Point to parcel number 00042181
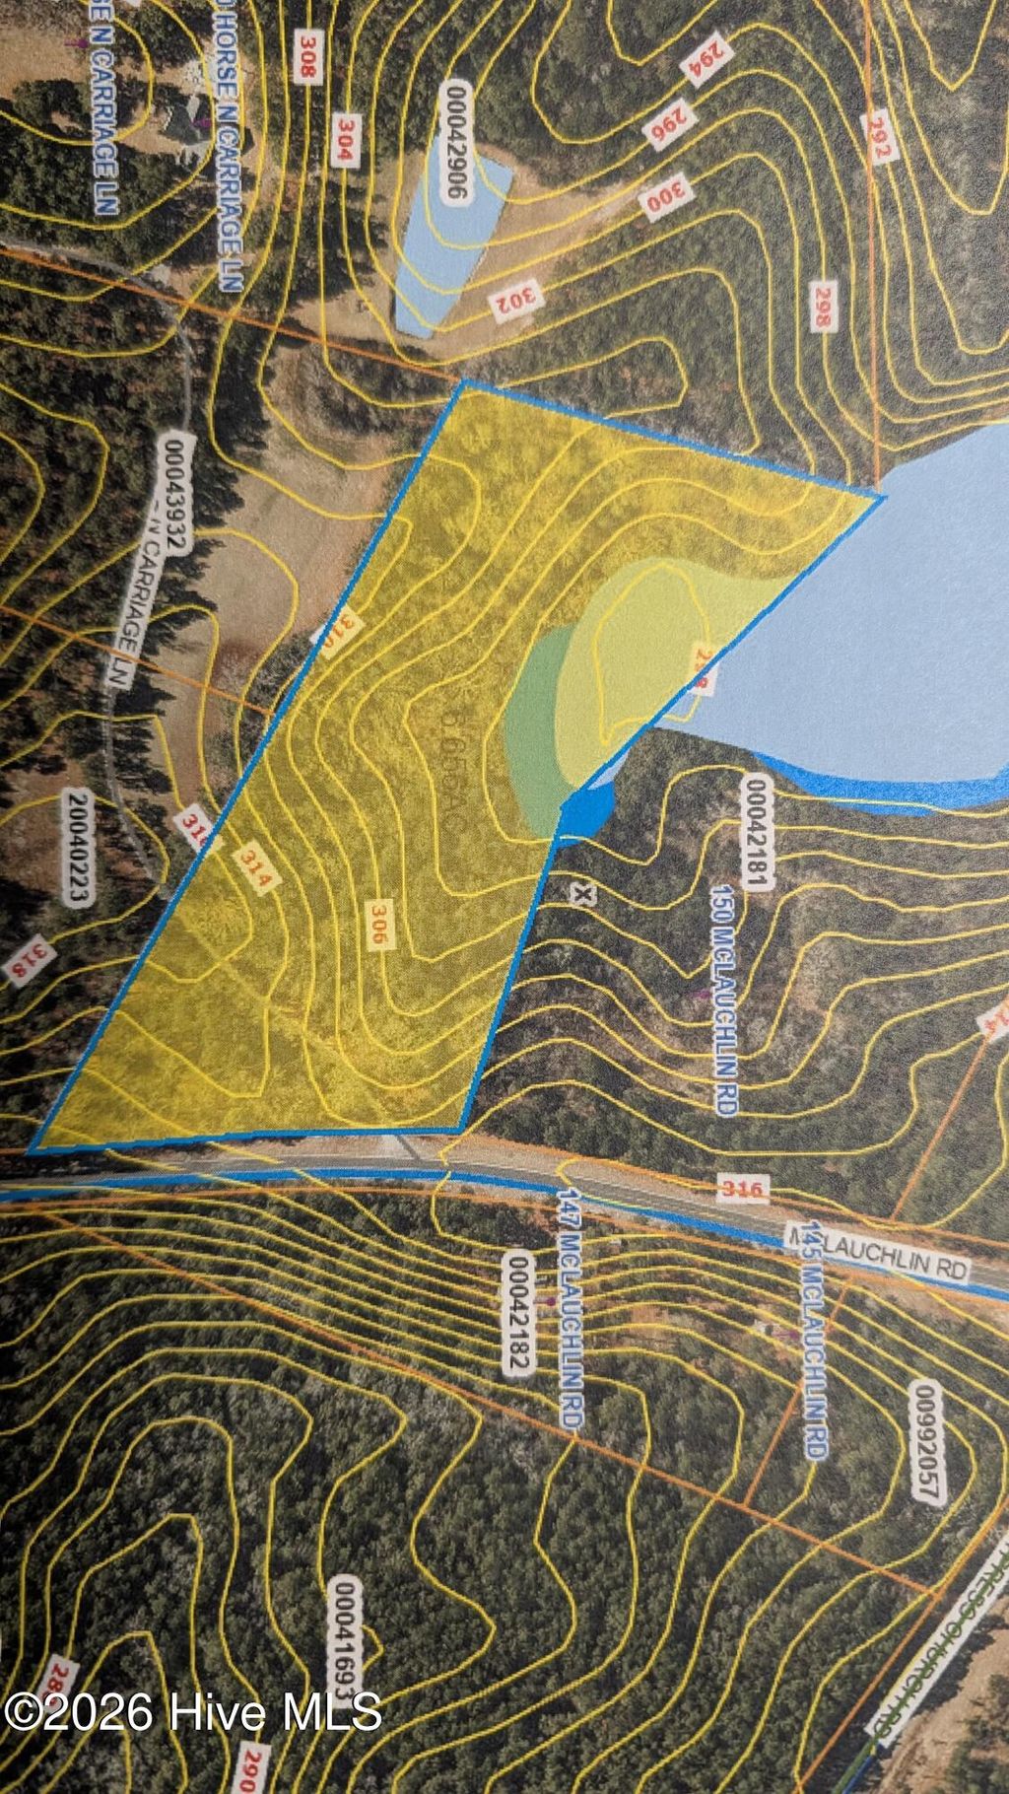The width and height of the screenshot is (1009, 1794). pos(756,833)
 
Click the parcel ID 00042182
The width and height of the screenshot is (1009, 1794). pos(518,1311)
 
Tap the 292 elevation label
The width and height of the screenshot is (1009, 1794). pos(878,139)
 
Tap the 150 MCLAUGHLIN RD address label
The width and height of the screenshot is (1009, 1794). pos(724,1000)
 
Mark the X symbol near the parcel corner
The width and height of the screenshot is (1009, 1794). pos(583,895)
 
